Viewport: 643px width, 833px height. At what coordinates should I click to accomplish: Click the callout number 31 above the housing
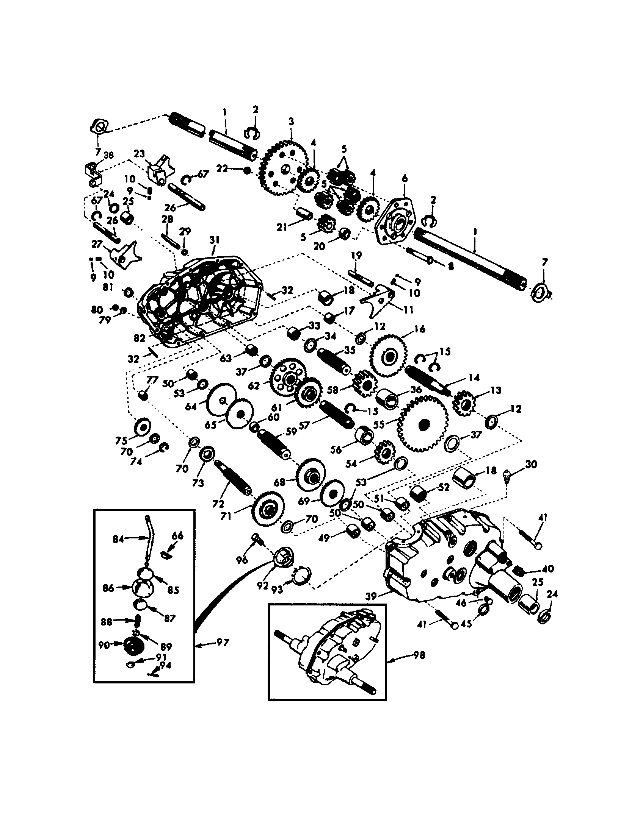(x=214, y=240)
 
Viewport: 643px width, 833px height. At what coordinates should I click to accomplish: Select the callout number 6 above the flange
(x=405, y=178)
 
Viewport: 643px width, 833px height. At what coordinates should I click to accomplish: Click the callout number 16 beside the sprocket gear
(x=419, y=329)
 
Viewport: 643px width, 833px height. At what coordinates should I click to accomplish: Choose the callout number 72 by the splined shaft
(x=218, y=504)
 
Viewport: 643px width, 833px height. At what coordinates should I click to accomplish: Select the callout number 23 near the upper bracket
(x=140, y=154)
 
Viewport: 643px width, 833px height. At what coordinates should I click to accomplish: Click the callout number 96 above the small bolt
(x=242, y=560)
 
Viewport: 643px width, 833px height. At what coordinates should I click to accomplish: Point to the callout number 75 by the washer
(x=121, y=440)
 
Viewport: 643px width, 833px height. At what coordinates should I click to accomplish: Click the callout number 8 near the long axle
(x=450, y=267)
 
